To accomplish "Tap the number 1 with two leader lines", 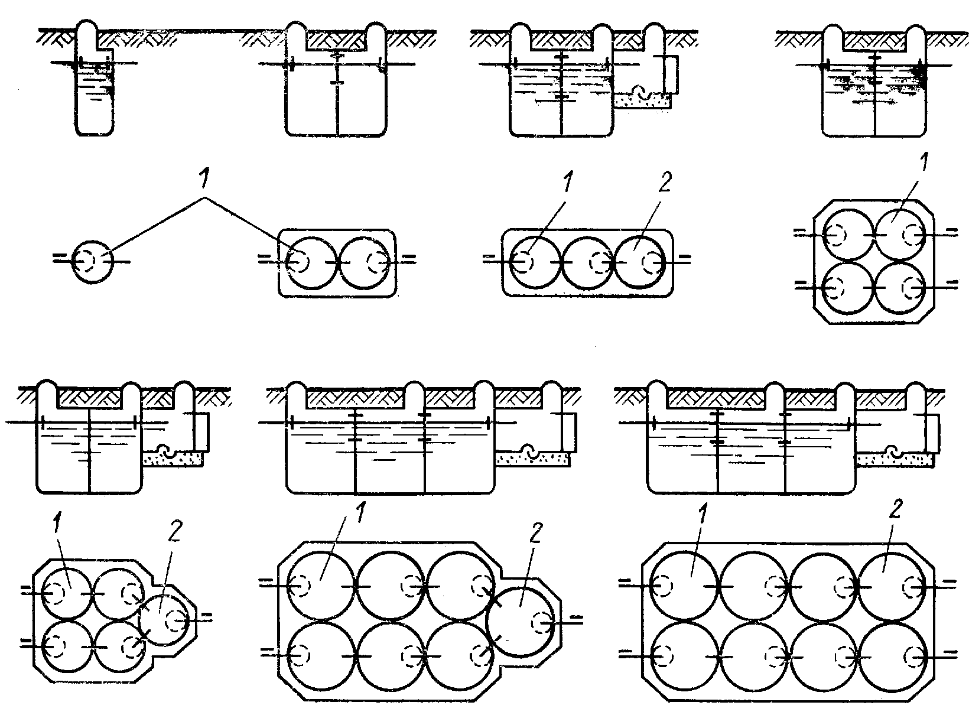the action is point(204,178).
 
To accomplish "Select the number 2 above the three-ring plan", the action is point(665,182).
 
